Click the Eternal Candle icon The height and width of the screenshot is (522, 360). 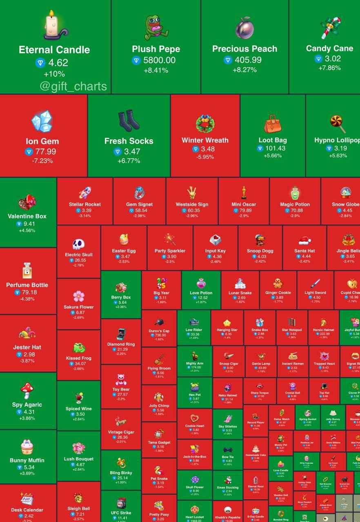55,26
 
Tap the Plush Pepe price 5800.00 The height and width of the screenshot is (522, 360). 159,60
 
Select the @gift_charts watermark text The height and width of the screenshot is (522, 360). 73,86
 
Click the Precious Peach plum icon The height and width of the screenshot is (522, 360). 244,27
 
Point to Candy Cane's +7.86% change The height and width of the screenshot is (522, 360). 329,68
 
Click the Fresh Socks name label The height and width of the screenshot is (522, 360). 129,141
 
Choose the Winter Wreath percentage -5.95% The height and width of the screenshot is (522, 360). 205,157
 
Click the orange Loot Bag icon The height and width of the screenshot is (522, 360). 272,124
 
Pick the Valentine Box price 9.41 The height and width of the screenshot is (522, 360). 29,224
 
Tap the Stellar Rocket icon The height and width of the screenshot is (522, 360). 85,193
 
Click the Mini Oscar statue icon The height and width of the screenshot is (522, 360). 244,193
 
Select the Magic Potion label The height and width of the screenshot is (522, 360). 295,204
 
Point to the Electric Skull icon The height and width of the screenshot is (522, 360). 78,244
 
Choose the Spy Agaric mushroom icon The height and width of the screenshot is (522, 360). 27,391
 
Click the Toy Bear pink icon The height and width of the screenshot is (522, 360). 121,379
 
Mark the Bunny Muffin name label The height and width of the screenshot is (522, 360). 27,460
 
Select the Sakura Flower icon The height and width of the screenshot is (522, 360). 78,296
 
